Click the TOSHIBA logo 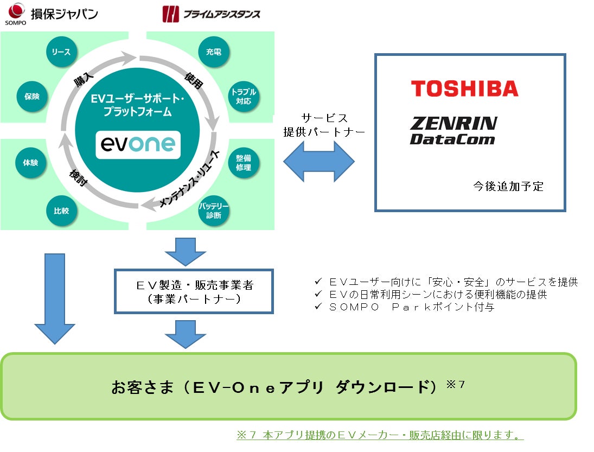click(464, 88)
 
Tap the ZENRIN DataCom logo click(453, 131)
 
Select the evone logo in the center click(138, 144)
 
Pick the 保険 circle click(31, 96)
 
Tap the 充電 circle click(214, 52)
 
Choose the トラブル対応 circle click(243, 96)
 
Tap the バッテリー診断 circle click(214, 211)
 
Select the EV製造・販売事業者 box click(194, 291)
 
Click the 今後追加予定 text click(508, 186)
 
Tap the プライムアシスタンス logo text click(221, 14)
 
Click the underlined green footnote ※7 click(380, 435)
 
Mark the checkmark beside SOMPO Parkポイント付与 click(318, 307)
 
